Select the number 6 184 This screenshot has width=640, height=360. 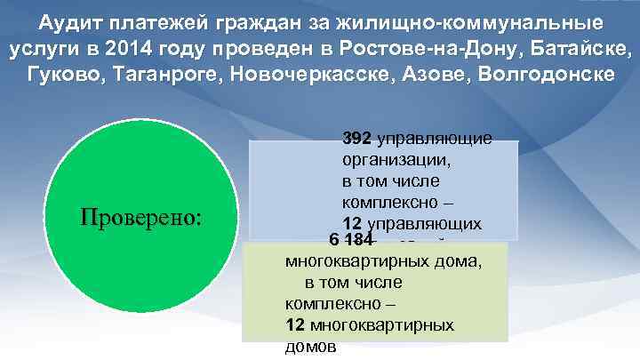pos(350,240)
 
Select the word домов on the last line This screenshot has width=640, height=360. pos(311,348)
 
